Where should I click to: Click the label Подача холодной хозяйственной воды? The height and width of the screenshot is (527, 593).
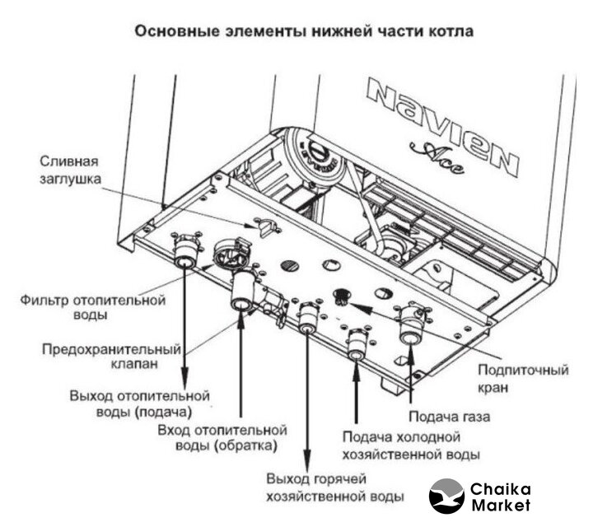coord(411,445)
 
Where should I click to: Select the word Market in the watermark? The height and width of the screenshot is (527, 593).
coord(501,505)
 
